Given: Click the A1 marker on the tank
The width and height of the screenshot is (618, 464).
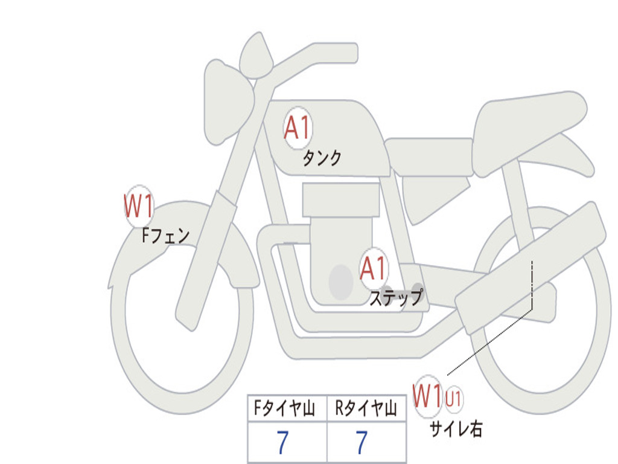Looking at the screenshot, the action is pos(298,128).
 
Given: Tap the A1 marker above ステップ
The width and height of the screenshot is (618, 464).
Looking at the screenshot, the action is pos(374,268).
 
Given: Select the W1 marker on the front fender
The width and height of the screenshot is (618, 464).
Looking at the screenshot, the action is pos(138,206).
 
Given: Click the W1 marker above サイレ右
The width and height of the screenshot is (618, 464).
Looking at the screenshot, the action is pos(428,396).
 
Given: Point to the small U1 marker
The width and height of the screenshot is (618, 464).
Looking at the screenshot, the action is pos(454,398).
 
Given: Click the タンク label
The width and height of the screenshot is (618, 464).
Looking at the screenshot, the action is pos(322,159).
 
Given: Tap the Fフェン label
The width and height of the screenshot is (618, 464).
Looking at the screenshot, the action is pos(165,236).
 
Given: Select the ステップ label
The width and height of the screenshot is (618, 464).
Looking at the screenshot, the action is pos(396,297).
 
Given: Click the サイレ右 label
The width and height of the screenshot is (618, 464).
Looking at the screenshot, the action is pos(456,428).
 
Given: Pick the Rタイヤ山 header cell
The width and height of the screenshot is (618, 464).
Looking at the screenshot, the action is pos(366,408).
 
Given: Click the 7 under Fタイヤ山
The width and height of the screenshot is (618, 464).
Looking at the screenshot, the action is pos(282,442).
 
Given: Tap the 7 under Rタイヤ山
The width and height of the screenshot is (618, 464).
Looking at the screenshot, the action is pos(362,442).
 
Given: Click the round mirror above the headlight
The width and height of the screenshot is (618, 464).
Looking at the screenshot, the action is pos(256,56).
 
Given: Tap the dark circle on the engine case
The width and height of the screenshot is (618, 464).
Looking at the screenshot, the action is pos(341,282).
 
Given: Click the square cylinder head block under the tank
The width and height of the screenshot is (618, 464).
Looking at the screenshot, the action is pos(341,199).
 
